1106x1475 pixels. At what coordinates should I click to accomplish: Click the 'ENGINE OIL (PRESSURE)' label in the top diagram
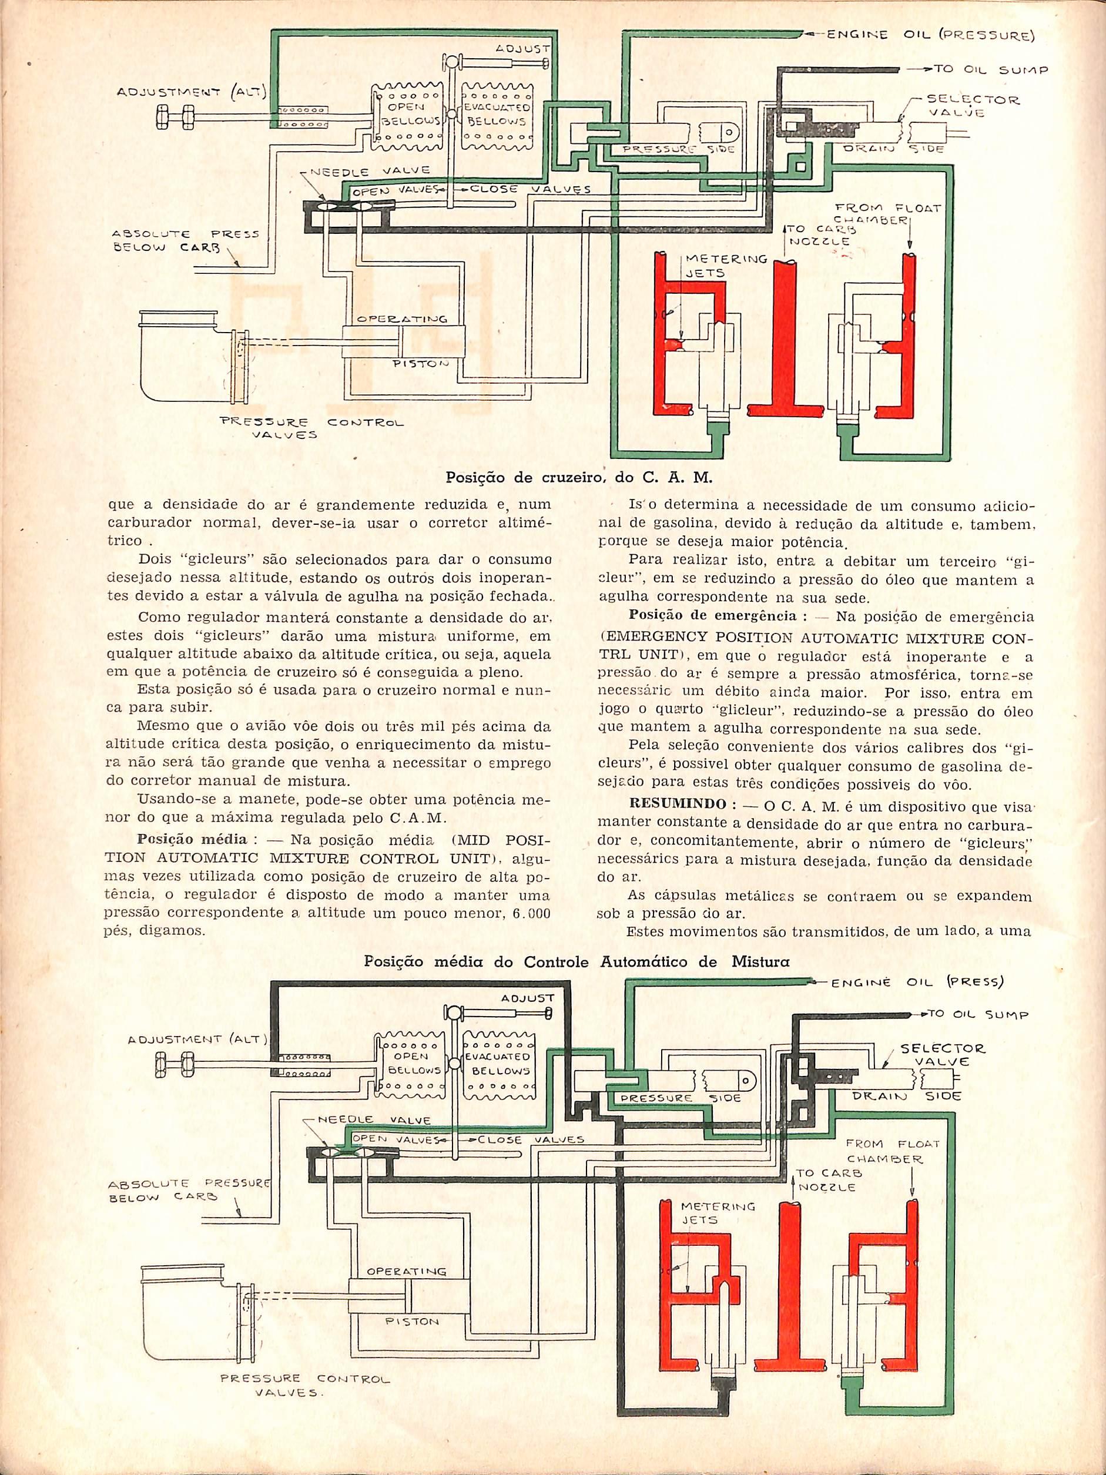[x=930, y=35]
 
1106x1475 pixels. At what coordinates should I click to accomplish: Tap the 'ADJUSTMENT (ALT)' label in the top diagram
[x=192, y=92]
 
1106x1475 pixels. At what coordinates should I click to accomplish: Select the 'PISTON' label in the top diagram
[x=420, y=364]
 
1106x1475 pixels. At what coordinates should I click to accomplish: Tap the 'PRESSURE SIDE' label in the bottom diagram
[x=679, y=1097]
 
